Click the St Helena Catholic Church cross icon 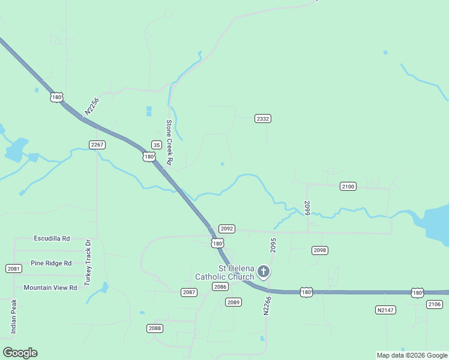[263, 272]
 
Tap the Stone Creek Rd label [169, 143]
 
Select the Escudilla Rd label [52, 238]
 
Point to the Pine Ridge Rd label [51, 263]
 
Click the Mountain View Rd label [50, 287]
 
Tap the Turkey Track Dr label [88, 262]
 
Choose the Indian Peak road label [13, 316]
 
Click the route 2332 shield [263, 118]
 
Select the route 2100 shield [348, 187]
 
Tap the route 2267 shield [97, 145]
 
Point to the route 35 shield [156, 145]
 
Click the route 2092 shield [226, 229]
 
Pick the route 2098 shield [320, 250]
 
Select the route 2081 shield [13, 268]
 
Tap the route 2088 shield [155, 328]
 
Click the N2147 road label [385, 310]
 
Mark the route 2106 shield [435, 305]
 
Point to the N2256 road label [91, 106]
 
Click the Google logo [20, 353]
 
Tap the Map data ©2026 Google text [412, 355]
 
